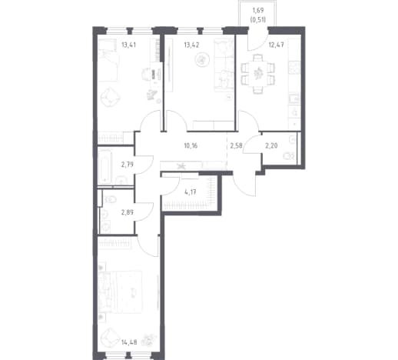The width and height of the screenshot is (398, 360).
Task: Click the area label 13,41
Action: tap(128, 45)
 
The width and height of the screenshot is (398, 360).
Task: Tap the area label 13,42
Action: tap(191, 45)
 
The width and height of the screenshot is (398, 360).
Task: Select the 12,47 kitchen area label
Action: tap(276, 45)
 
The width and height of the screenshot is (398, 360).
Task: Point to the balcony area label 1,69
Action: tap(258, 11)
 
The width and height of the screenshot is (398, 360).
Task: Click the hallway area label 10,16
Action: tap(191, 146)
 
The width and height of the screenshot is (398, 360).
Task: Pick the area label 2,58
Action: tap(236, 146)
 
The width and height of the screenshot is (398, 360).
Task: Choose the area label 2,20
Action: tap(271, 146)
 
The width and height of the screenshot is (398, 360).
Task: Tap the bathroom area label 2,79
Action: tap(128, 165)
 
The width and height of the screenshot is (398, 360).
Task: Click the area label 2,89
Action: tap(128, 212)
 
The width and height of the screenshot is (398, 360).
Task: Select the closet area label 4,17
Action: tap(191, 192)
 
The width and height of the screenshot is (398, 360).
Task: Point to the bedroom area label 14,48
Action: tap(130, 342)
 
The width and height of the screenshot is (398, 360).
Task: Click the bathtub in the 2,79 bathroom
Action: tap(105, 165)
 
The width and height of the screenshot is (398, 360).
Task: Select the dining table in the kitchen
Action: tap(258, 73)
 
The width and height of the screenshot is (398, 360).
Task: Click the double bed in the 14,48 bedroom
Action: tap(120, 292)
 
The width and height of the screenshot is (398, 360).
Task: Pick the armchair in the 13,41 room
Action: tap(111, 97)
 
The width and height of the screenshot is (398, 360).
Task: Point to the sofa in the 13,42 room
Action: tap(224, 65)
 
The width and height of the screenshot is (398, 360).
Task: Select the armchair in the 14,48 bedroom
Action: tap(111, 338)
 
